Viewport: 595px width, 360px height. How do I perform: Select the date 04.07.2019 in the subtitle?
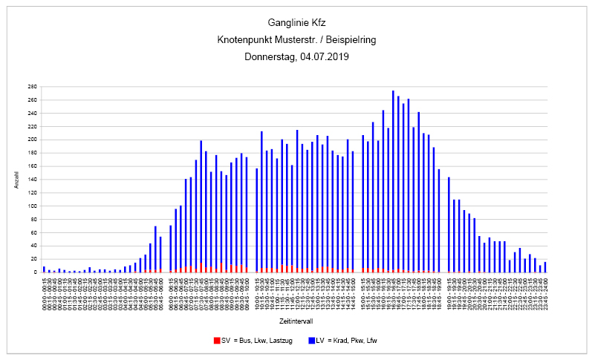pos(325,56)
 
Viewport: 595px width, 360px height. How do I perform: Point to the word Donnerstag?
pos(271,56)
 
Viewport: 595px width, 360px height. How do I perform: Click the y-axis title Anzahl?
pos(16,180)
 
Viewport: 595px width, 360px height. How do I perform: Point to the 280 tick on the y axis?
pos(33,87)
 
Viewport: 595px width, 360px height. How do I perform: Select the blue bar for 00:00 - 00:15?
pos(44,269)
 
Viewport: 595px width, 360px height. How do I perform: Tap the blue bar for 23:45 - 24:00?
pos(544,267)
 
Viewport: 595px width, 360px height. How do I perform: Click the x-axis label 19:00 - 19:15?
pos(449,287)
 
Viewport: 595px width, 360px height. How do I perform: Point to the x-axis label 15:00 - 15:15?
pos(362,287)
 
